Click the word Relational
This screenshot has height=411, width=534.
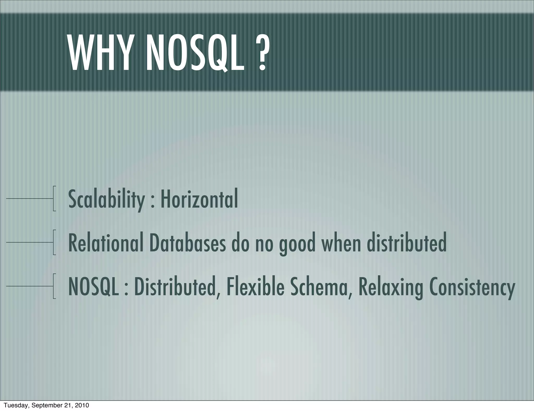(106, 243)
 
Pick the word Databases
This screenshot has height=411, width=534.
(187, 243)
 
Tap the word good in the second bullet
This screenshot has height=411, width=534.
(297, 244)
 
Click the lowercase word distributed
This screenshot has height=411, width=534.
(407, 243)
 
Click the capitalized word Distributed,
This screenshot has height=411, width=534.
(177, 287)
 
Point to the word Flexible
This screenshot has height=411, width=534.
(255, 286)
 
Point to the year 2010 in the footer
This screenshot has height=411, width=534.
(82, 405)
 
